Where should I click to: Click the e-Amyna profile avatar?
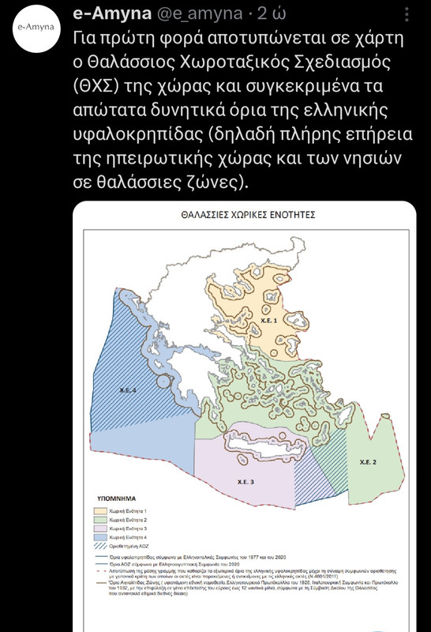pyautogui.click(x=36, y=26)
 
